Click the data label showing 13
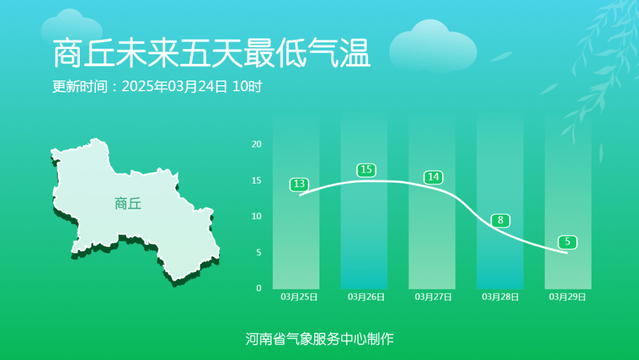coord(299,184)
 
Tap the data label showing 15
coord(366,170)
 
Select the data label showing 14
coord(433,177)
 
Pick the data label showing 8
coord(500,221)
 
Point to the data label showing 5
coord(567,242)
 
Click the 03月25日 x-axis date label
coord(299,297)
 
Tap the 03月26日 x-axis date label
coord(366,297)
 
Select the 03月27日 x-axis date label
coord(433,297)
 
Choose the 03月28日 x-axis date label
coord(501,297)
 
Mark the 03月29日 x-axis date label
coord(567,297)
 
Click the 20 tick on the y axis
coord(256,144)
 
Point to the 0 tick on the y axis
coord(259,288)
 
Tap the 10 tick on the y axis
coord(256,216)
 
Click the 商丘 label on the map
coord(128,204)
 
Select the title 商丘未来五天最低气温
coord(211,54)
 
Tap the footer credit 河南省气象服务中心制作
coord(319,339)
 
